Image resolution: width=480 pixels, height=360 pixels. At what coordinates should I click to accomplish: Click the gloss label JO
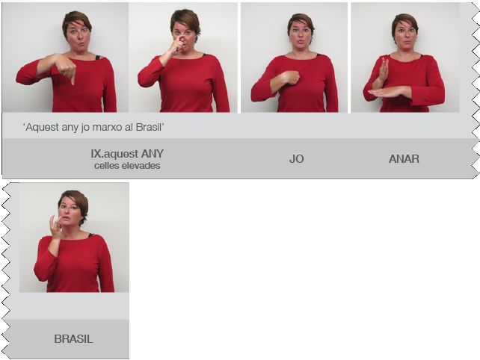[x=296, y=159]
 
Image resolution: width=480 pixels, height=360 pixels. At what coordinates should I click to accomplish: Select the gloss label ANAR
[x=404, y=159]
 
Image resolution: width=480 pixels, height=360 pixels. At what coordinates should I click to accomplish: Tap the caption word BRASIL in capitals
[x=73, y=339]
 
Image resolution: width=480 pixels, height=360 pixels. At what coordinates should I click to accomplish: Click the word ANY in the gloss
[x=152, y=154]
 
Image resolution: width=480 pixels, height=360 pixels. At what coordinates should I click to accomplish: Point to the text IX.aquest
[x=115, y=154]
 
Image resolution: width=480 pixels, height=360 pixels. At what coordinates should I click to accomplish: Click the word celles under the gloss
[x=105, y=166]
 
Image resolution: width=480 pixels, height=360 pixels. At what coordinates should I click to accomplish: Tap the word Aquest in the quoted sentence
[x=43, y=128]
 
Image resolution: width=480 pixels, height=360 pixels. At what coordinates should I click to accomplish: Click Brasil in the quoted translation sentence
[x=148, y=127]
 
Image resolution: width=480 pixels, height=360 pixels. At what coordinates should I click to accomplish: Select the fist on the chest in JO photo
[x=290, y=78]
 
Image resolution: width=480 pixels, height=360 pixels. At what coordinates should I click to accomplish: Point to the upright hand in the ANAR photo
[x=383, y=71]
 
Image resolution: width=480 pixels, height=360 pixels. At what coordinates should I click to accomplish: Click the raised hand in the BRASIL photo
[x=56, y=226]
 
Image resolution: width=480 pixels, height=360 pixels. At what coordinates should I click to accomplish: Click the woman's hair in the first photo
[x=76, y=20]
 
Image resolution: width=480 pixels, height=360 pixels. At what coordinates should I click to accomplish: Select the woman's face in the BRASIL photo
[x=70, y=212]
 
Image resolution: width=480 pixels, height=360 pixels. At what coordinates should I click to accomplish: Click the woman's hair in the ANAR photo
[x=405, y=22]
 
